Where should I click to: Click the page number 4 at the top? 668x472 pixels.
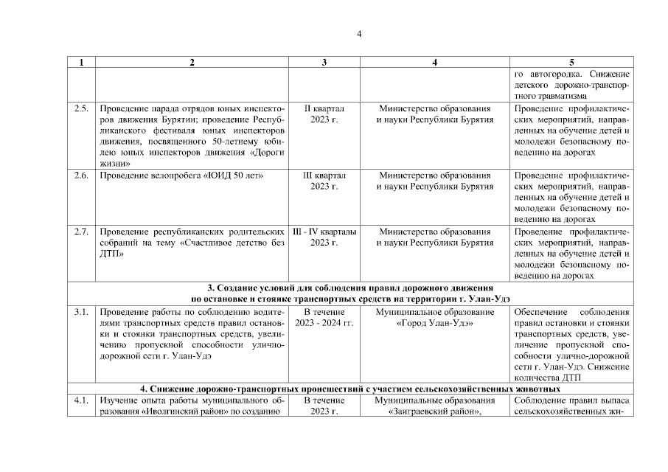click(359, 32)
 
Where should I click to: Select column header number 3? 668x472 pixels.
click(324, 63)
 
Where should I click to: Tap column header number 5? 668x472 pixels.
click(571, 63)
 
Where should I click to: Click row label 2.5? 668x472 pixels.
click(81, 108)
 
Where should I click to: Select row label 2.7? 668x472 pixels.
click(81, 232)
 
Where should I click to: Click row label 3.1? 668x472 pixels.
click(81, 312)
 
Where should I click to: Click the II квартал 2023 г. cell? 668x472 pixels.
click(324, 114)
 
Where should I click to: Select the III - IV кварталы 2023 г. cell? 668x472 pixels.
click(324, 237)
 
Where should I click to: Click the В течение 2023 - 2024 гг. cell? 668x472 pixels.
click(324, 317)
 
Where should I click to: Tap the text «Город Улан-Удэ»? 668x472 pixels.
click(435, 323)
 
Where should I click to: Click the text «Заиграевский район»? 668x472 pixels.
click(434, 412)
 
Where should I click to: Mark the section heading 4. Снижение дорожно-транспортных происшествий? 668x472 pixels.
click(350, 389)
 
